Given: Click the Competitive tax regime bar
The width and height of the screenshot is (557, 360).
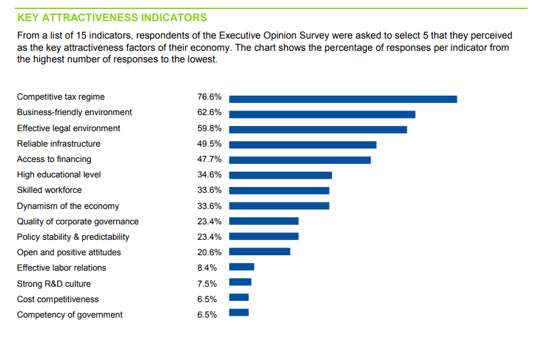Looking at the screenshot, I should (x=343, y=99).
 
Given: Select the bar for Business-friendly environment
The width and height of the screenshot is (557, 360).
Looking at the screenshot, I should (x=322, y=114).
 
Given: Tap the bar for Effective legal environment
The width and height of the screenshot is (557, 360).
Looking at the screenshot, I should (x=318, y=129).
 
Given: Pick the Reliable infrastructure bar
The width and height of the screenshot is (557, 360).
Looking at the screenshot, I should (x=303, y=145).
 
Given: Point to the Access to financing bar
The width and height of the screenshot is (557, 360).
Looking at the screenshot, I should (x=300, y=160).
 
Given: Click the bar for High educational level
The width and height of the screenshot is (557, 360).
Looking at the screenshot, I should (x=280, y=175).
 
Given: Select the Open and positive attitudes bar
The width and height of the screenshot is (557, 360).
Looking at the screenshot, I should (x=260, y=251).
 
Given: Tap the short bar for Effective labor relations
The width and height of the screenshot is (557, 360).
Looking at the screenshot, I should (x=242, y=267).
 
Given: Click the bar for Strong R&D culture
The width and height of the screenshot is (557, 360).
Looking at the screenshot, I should (x=240, y=282).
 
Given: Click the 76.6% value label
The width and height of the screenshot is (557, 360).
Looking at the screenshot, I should (x=209, y=97).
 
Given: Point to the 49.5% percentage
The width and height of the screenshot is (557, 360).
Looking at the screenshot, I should (x=209, y=144).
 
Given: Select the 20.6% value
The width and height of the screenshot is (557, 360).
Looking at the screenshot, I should (x=209, y=253).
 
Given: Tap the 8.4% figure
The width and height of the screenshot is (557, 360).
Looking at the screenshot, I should (x=207, y=268).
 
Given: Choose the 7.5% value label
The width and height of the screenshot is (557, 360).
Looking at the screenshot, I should (x=207, y=283).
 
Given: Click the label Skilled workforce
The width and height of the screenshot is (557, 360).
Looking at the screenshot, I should (x=49, y=190).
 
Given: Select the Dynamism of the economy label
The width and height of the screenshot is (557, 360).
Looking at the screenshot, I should (x=67, y=206).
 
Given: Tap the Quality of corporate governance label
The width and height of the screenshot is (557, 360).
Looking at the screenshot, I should (x=78, y=222).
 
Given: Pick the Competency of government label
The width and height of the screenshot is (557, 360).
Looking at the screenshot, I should (x=69, y=315).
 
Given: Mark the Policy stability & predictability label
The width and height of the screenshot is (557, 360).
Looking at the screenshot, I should (x=73, y=237).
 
